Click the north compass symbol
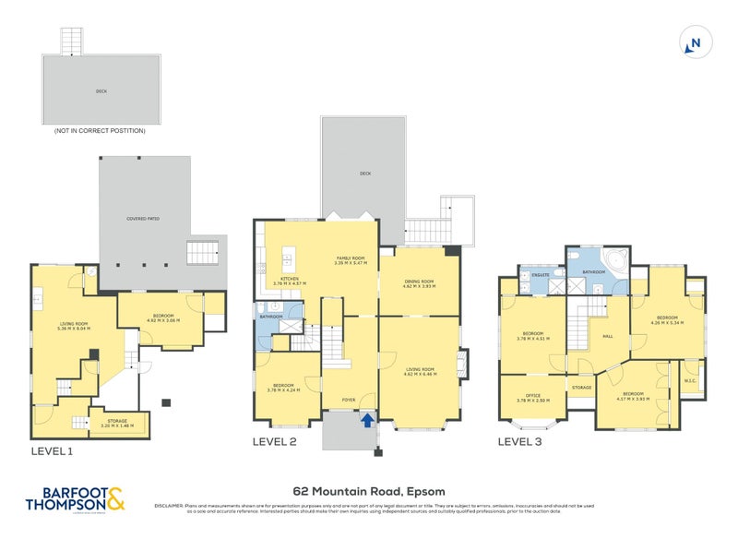pos(695,42)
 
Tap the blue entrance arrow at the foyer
pos(368,421)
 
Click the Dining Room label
pos(419,283)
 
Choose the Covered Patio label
pos(143,219)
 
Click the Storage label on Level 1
pos(116,421)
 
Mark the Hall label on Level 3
pos(608,337)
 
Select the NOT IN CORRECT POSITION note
pos(100,131)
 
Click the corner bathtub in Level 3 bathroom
pos(613,262)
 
